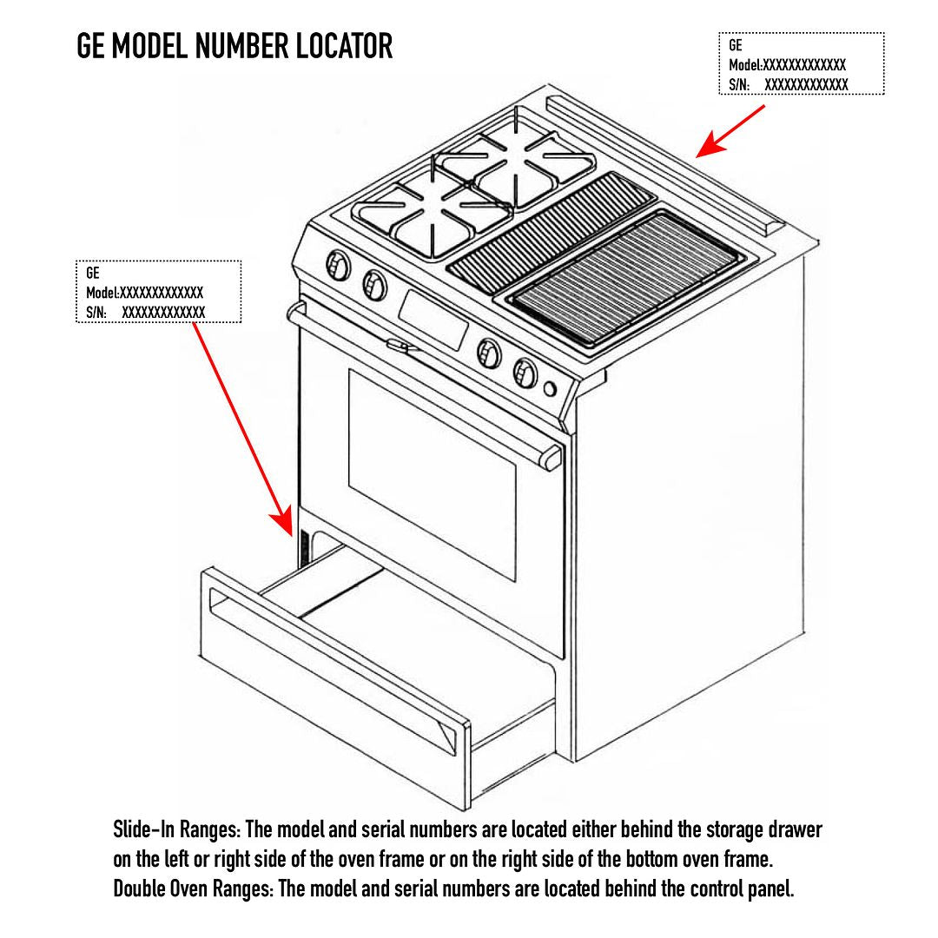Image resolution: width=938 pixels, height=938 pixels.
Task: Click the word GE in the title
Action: (x=91, y=46)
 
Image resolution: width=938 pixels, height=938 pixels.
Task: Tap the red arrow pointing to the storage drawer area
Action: (x=242, y=425)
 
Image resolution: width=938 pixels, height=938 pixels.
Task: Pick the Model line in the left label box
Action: (x=144, y=293)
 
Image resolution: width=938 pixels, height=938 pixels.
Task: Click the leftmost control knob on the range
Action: (x=338, y=265)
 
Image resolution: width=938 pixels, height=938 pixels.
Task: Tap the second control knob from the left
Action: (x=375, y=283)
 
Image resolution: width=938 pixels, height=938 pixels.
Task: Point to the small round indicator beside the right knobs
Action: (x=550, y=388)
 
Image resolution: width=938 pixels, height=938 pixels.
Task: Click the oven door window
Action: (x=432, y=473)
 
